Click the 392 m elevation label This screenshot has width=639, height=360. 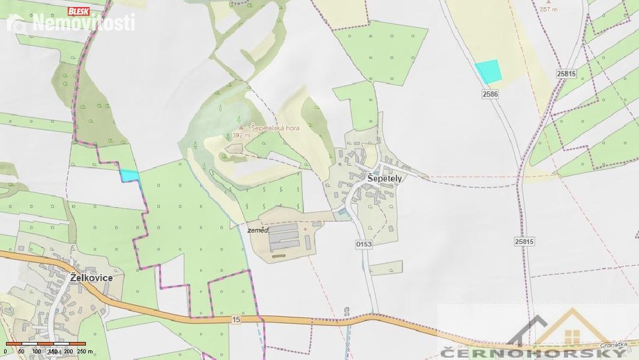coord(240,136)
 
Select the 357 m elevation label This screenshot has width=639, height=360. coord(549,10)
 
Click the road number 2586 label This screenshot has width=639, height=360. coord(490,93)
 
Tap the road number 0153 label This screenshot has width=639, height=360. coord(364,244)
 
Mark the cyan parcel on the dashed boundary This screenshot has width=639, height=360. coord(129,176)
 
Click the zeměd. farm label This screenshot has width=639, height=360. coord(257,229)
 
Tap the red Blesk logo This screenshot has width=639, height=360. coord(78,10)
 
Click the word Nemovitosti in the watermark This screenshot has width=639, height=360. coord(83,24)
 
